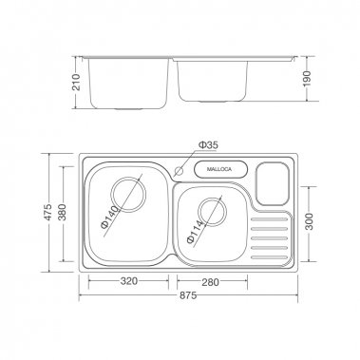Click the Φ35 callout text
(208, 144)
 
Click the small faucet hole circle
(180, 169)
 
